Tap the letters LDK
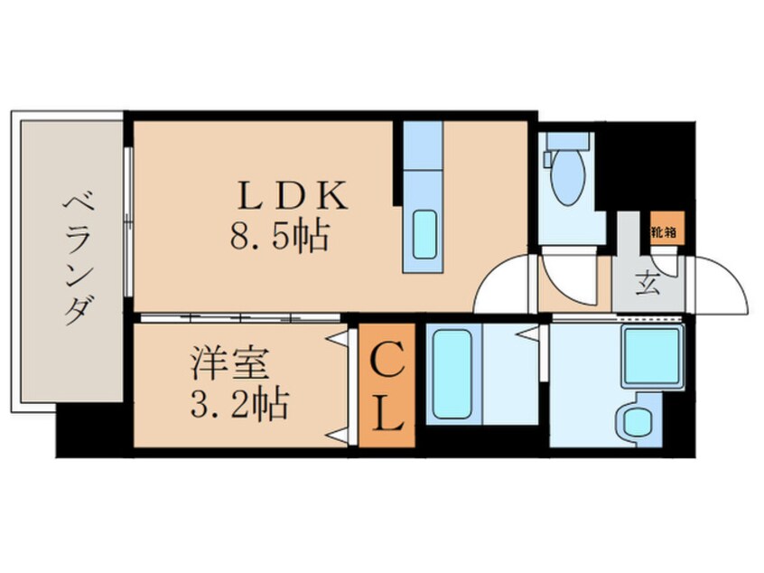(293, 195)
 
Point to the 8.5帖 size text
(279, 236)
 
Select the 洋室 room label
(229, 363)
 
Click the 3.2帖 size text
(239, 404)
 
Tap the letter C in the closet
(387, 359)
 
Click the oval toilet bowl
(568, 176)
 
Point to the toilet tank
(568, 140)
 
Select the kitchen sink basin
(424, 234)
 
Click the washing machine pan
(653, 357)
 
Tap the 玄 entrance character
(648, 285)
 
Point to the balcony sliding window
(128, 221)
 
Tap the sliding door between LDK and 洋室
(240, 318)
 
